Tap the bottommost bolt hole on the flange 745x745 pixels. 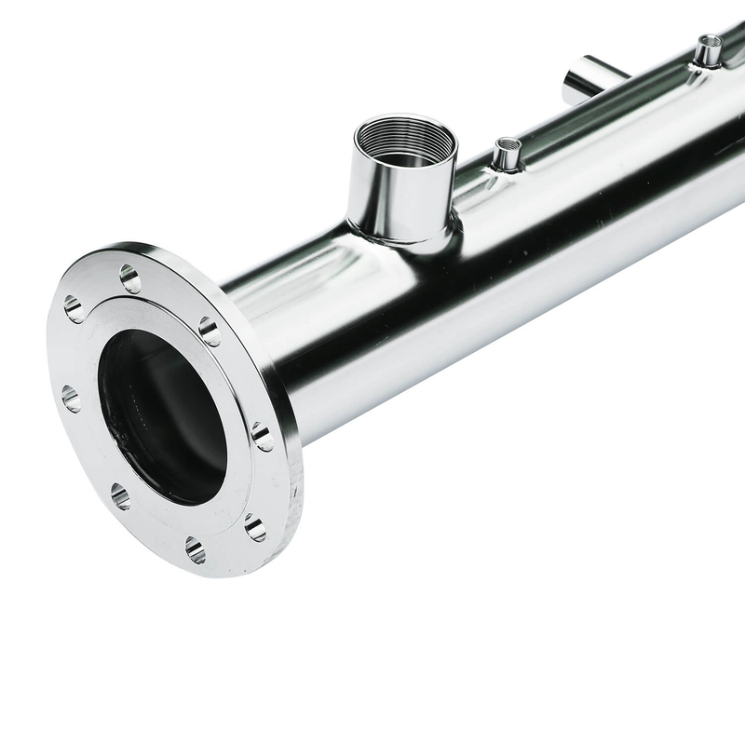[x=195, y=549]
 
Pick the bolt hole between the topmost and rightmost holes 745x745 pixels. [x=210, y=331]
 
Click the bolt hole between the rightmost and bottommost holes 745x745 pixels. [x=255, y=528]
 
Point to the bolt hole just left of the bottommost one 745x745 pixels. [x=120, y=495]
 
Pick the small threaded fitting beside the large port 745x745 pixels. [x=507, y=155]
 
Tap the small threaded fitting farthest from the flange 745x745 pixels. [x=709, y=51]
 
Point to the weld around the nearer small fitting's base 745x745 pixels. [x=506, y=169]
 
